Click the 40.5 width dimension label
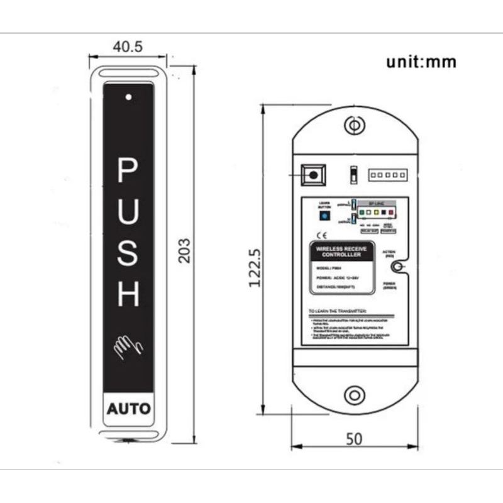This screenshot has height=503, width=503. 128,47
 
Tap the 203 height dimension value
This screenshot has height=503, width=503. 184,250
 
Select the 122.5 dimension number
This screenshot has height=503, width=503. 255,267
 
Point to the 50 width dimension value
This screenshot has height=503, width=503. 354,439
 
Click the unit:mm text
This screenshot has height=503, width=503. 421,62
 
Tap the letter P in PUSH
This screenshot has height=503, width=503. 128,171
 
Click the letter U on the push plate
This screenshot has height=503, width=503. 128,212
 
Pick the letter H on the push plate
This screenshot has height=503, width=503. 128,293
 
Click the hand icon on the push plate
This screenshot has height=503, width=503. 128,346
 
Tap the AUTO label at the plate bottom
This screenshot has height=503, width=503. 128,409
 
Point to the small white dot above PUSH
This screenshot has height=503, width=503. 128,97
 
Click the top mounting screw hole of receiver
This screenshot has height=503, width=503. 355,126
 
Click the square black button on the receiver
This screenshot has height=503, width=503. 312,174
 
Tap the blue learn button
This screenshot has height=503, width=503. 324,216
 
